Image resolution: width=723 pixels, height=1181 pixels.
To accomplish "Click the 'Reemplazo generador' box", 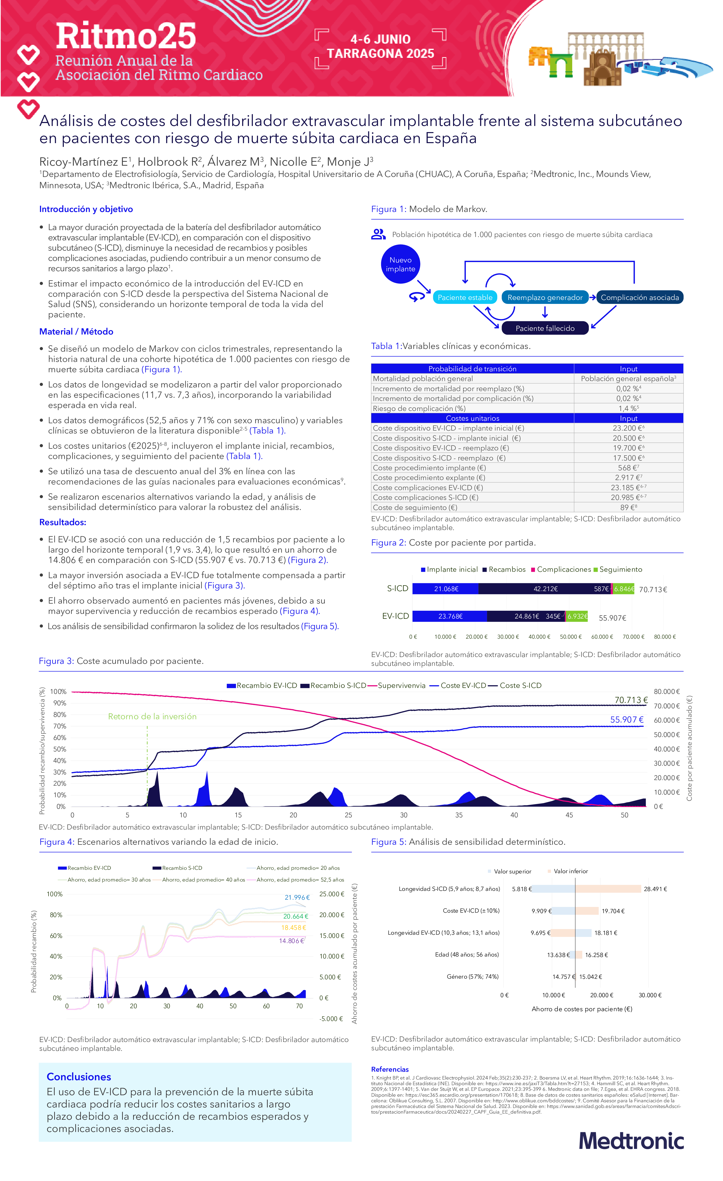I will [x=545, y=298].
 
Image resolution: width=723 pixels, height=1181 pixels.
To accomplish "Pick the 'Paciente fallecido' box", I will [x=545, y=328].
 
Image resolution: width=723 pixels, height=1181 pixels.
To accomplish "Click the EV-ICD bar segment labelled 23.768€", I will [x=450, y=616].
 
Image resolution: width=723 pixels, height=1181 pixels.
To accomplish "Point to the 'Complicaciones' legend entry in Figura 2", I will [x=563, y=569].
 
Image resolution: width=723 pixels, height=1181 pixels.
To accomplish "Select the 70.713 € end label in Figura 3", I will [x=631, y=700].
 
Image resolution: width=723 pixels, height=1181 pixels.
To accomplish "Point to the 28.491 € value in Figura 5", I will [x=655, y=889].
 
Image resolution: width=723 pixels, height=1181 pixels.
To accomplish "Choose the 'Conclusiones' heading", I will [x=79, y=1077].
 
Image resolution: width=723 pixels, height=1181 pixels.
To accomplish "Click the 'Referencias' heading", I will [x=390, y=1069].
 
